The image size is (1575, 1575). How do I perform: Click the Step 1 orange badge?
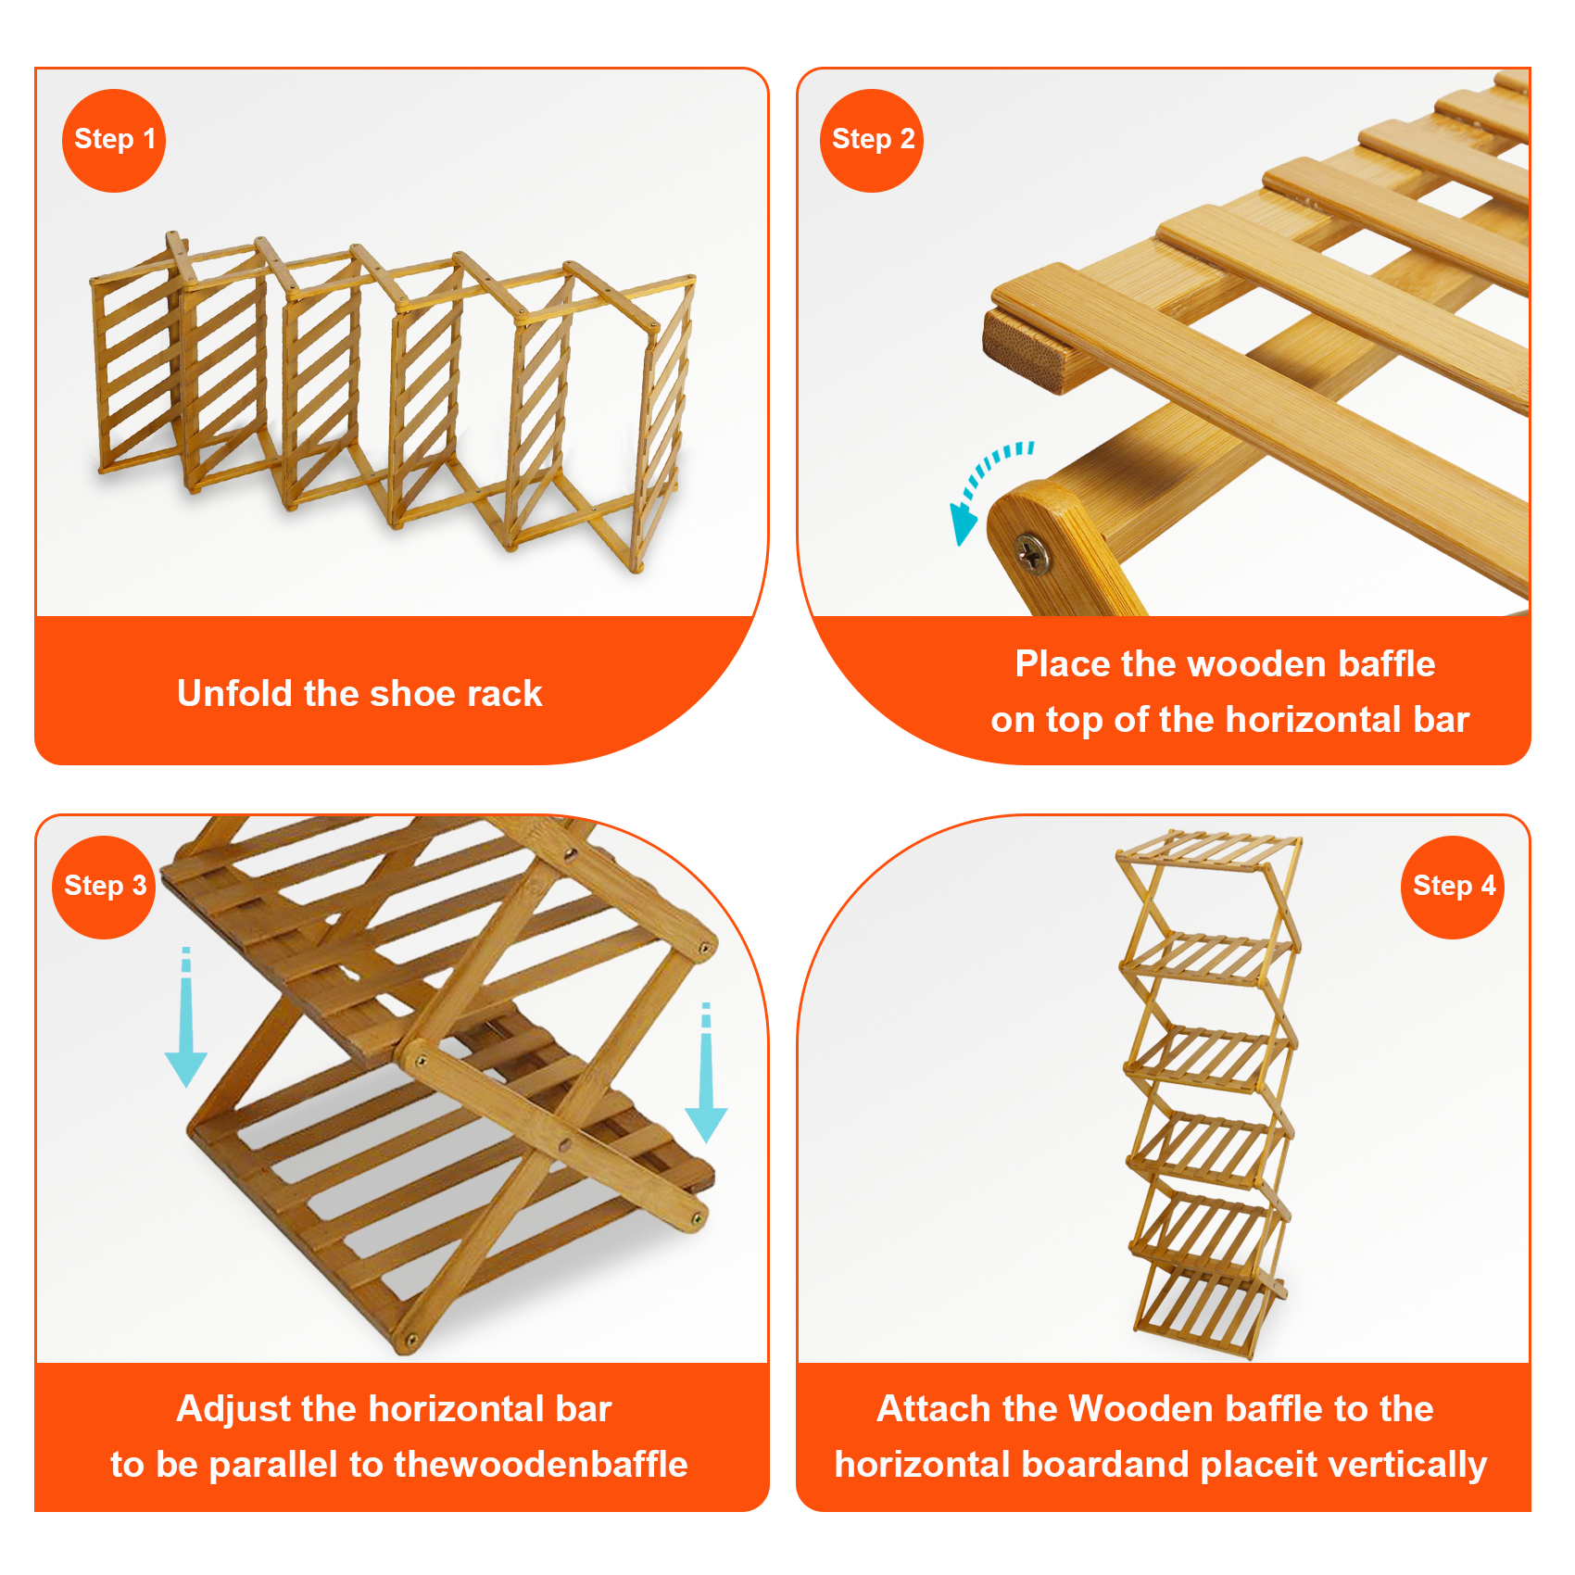tap(114, 141)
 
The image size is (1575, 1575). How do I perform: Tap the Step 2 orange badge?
tap(872, 141)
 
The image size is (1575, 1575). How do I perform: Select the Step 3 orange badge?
tap(104, 888)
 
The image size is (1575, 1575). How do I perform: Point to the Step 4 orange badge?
tap(1453, 888)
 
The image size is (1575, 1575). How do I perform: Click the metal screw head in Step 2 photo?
tap(1031, 554)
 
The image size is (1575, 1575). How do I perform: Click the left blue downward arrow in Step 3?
tap(185, 1017)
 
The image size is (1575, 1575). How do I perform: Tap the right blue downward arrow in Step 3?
tap(706, 1073)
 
